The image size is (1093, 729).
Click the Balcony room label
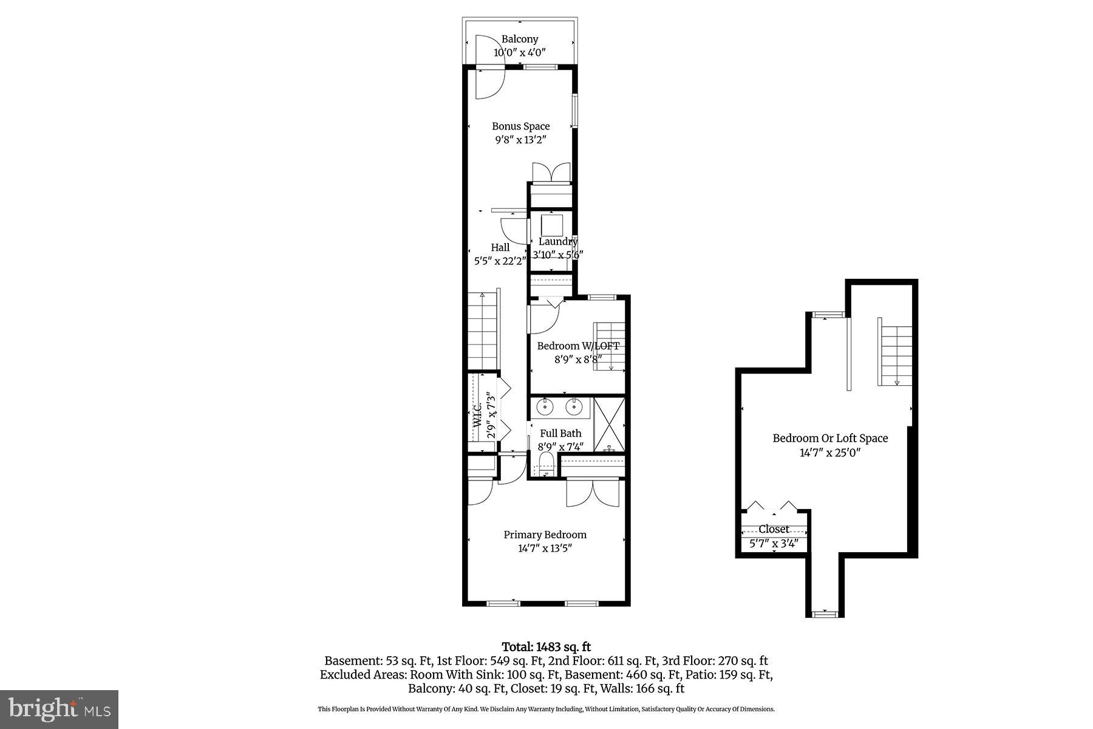point(519,39)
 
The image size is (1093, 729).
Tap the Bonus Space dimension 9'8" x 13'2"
point(520,140)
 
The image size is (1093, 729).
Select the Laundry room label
point(557,241)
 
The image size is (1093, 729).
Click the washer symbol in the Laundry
point(552,225)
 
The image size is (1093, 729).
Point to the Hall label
point(500,247)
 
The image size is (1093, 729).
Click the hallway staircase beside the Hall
point(483,331)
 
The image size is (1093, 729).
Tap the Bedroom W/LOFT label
point(577,346)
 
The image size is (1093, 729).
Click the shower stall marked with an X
point(609,423)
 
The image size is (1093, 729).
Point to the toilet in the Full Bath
point(546,465)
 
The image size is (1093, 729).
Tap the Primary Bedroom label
point(545,535)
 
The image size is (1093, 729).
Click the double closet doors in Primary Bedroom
point(593,493)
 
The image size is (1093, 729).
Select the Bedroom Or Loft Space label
point(829,438)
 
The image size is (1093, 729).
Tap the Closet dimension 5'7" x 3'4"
point(774,544)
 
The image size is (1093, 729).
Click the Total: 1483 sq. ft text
point(546,647)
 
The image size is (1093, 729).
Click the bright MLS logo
point(59,708)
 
